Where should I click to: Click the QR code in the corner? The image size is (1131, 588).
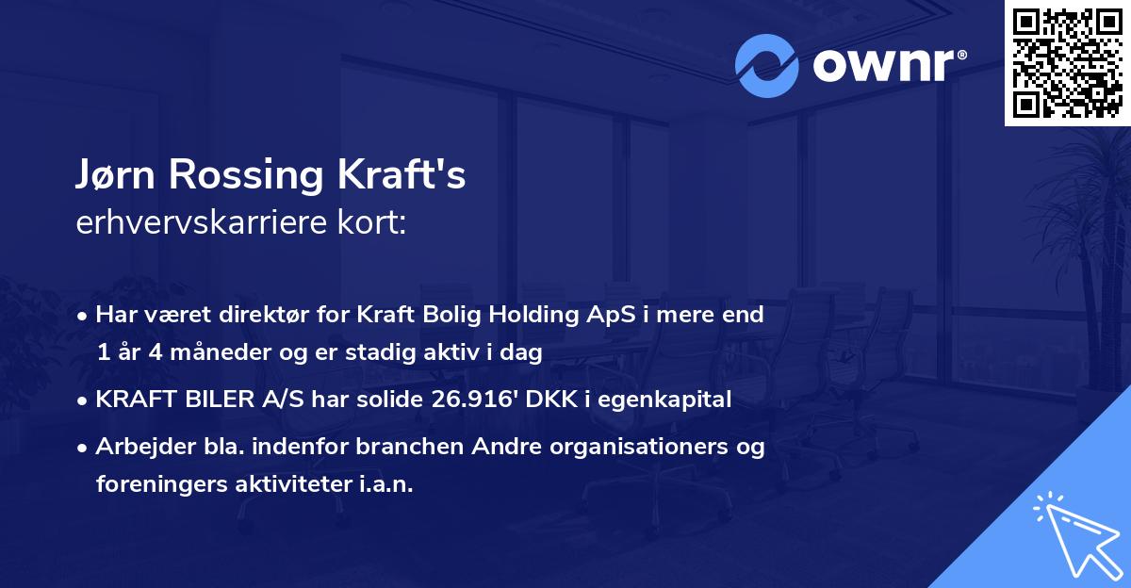pyautogui.click(x=1067, y=63)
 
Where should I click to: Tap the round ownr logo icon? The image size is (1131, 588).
pyautogui.click(x=768, y=65)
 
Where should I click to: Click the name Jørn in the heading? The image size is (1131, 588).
pyautogui.click(x=117, y=176)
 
